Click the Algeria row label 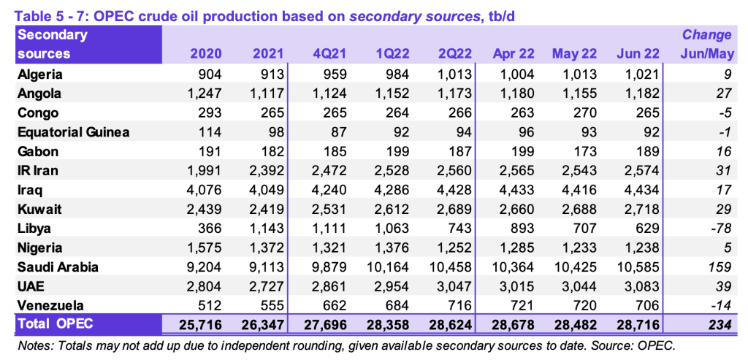coord(40,74)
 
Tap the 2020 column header coord(206,53)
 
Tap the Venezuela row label coord(50,305)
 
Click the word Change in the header coord(706,34)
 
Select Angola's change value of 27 coord(723,93)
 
